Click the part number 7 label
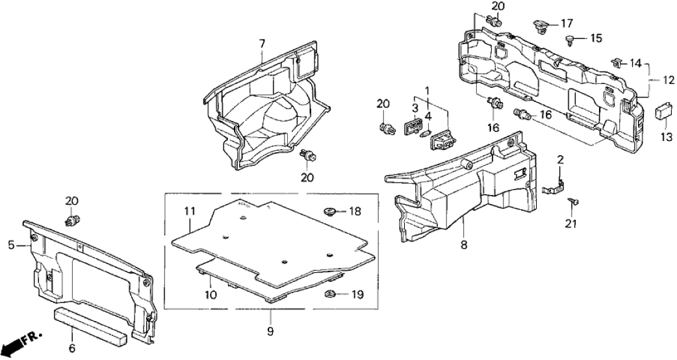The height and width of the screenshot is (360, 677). pyautogui.click(x=262, y=44)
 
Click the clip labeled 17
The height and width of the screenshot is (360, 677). pyautogui.click(x=539, y=26)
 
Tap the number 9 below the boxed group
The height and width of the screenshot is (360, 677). pyautogui.click(x=270, y=332)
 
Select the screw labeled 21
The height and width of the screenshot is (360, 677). pyautogui.click(x=574, y=203)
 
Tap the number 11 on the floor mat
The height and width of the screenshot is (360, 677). pyautogui.click(x=189, y=211)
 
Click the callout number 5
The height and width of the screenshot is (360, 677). pyautogui.click(x=11, y=245)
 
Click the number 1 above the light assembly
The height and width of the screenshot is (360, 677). pyautogui.click(x=428, y=90)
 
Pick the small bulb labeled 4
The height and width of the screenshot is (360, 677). pyautogui.click(x=426, y=134)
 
